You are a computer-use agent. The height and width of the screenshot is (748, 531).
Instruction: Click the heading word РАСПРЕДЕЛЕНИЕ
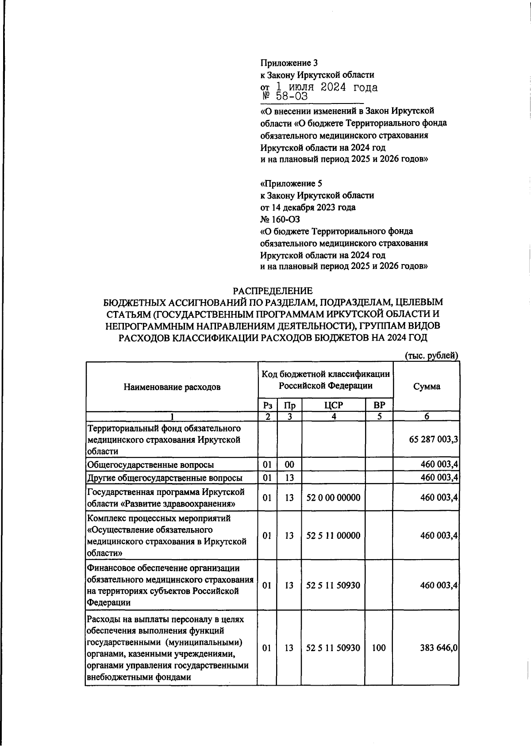273,291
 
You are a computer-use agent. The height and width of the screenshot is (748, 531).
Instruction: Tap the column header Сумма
426,386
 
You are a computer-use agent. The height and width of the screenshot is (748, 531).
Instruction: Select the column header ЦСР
333,405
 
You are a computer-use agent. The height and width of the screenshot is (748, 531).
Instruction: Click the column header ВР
379,405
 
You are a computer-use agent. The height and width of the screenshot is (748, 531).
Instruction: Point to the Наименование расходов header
172,387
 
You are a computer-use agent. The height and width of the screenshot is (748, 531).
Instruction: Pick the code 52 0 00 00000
333,498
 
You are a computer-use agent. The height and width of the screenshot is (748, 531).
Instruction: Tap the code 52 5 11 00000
333,536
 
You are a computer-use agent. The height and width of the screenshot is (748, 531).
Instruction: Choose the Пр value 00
289,464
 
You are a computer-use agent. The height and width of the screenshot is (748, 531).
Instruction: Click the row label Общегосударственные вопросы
150,464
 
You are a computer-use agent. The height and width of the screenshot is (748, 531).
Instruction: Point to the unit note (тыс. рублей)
431,355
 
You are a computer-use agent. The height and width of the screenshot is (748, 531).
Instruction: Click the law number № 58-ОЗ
283,96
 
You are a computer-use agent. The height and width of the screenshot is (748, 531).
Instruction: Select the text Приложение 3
289,63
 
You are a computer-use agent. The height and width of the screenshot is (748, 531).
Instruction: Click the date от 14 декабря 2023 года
308,207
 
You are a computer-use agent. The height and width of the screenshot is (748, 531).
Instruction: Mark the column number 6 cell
426,416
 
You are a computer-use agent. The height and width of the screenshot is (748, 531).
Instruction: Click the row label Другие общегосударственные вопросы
165,478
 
